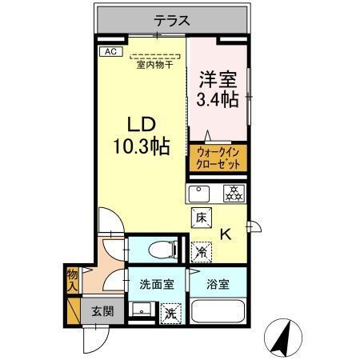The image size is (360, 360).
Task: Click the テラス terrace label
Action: coord(172,22)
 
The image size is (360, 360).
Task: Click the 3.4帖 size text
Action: coord(217,100)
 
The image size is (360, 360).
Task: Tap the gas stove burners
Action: coord(233,193)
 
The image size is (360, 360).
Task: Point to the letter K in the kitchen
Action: coord(226,234)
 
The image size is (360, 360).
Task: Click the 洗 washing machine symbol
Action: coord(170,313)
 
